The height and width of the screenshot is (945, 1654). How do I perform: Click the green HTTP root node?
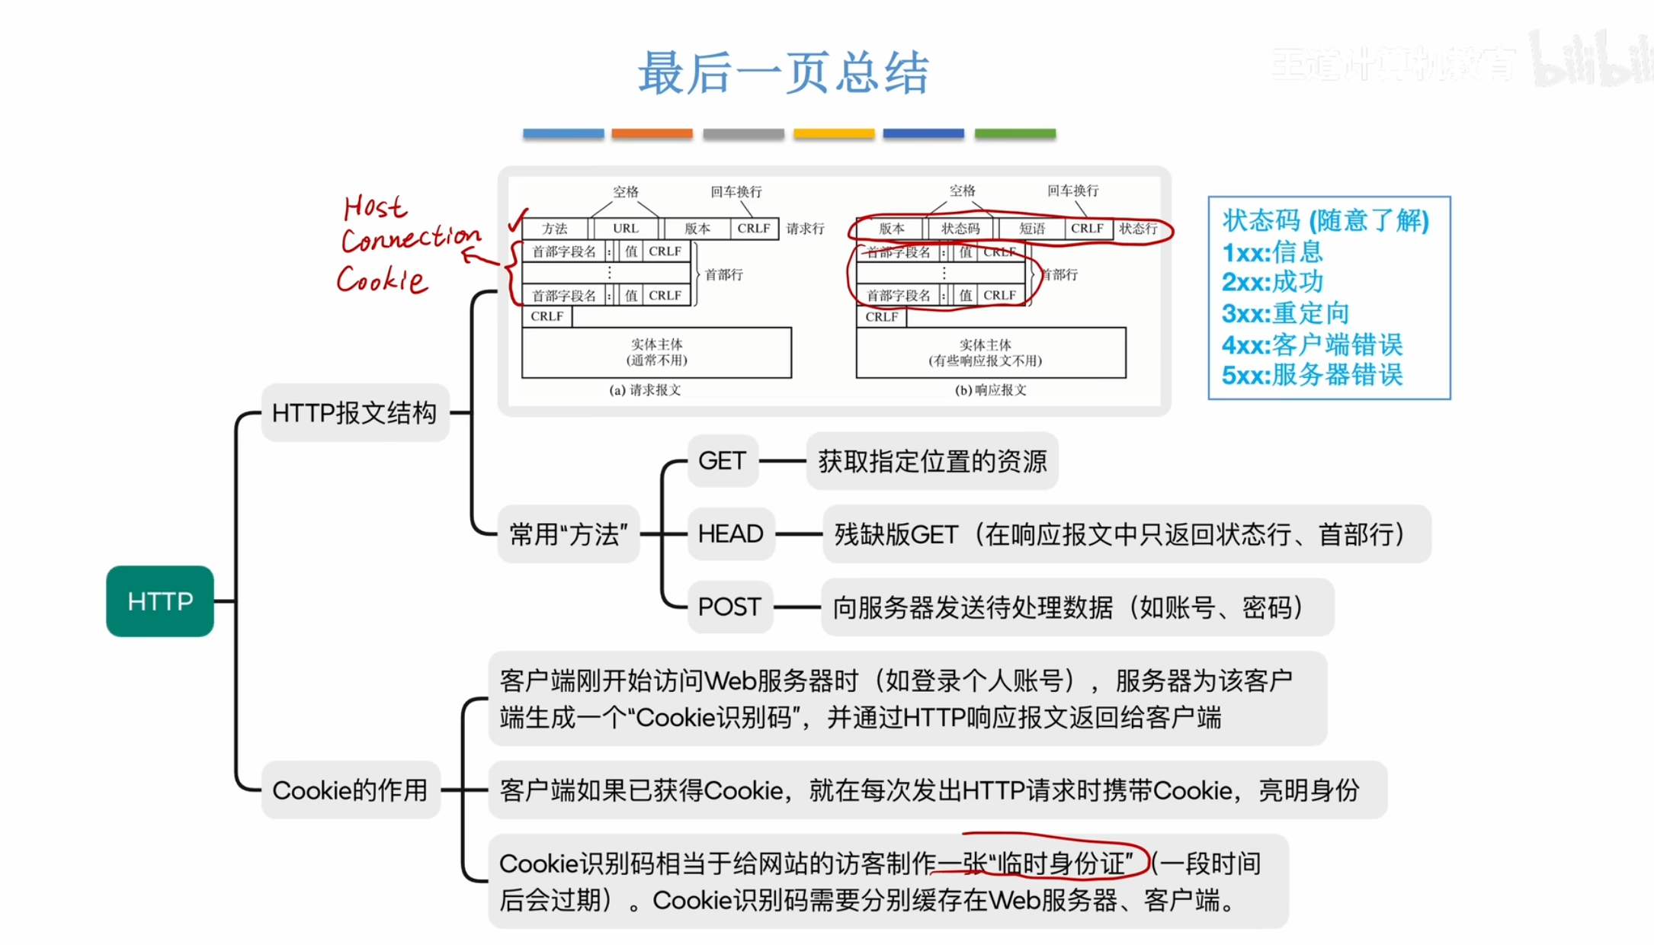[x=159, y=601]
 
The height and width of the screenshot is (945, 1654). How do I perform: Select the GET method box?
[x=722, y=461]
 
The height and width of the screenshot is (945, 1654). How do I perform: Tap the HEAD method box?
[x=730, y=533]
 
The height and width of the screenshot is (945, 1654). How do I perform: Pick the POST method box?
[x=729, y=607]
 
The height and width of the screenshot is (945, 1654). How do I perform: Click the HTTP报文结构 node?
[x=354, y=413]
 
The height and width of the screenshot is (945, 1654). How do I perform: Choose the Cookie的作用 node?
[x=350, y=790]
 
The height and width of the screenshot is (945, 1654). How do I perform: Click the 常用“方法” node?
[x=568, y=534]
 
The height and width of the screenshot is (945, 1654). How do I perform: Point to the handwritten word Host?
[x=374, y=207]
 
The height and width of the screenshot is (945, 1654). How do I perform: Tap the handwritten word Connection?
[x=410, y=239]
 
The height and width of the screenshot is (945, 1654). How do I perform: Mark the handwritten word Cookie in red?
[x=382, y=280]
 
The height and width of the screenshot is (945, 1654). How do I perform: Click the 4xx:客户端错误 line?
[x=1312, y=344]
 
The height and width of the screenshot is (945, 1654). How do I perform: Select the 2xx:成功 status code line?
[x=1272, y=282]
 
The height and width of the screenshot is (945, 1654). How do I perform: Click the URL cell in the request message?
[x=626, y=229]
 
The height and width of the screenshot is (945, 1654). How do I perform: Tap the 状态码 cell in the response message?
[x=960, y=229]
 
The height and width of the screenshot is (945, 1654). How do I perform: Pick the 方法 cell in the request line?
[x=555, y=229]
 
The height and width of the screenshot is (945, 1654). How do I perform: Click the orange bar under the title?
[x=652, y=133]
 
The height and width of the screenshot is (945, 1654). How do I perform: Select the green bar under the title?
[x=1015, y=133]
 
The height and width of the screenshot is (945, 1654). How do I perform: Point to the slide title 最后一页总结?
[x=784, y=73]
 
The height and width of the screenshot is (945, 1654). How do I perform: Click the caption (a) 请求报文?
[x=645, y=390]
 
